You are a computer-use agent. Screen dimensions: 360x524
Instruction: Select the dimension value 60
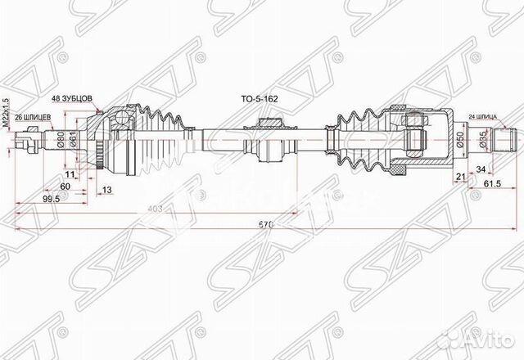point(65,186)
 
